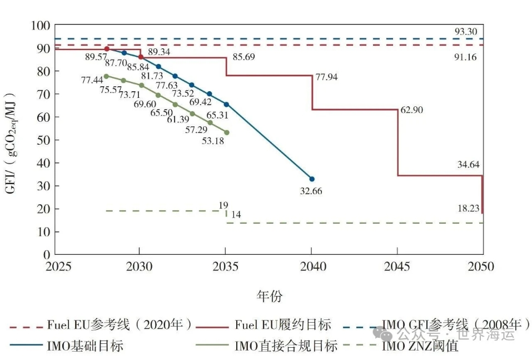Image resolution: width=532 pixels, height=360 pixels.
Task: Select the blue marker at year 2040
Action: [x=312, y=179]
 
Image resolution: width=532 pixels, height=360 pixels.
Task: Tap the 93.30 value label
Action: [x=465, y=32]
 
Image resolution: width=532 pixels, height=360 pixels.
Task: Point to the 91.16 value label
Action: [x=465, y=57]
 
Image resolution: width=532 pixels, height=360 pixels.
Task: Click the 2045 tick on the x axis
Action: [x=397, y=267]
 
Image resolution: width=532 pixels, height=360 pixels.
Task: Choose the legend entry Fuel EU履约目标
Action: [x=283, y=324]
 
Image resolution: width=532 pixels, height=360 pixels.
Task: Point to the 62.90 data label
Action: [x=411, y=110]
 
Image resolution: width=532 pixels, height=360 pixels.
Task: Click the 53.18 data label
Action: [x=213, y=141]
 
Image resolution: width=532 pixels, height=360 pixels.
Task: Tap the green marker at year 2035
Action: [x=226, y=132]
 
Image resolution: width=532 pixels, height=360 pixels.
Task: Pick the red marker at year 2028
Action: [x=107, y=49]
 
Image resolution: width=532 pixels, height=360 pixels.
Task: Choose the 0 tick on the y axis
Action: [x=47, y=255]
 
